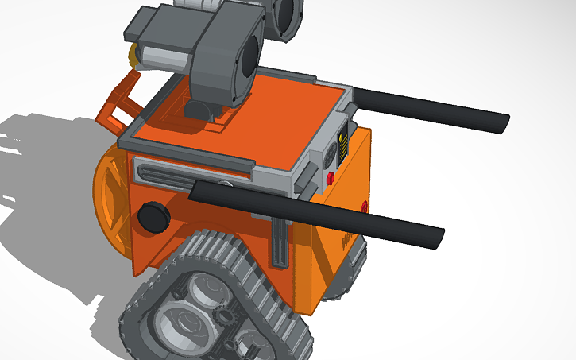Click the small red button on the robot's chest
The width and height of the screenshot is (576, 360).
pos(330,178)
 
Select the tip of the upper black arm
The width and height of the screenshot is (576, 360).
pos(502,123)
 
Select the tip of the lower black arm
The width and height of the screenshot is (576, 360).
pos(437,237)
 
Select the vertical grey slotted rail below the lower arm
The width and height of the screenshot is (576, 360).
pos(280,243)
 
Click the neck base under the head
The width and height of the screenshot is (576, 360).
pos(203,107)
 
